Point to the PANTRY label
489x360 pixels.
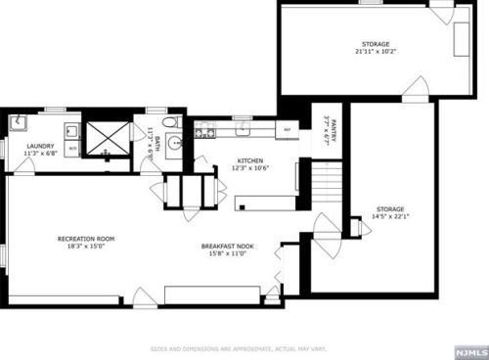coord(330,130)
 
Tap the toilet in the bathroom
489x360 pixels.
coord(169,123)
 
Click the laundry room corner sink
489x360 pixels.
coord(18,122)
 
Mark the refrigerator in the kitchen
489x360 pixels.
coord(287,128)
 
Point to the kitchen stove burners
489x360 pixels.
coord(205,128)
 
